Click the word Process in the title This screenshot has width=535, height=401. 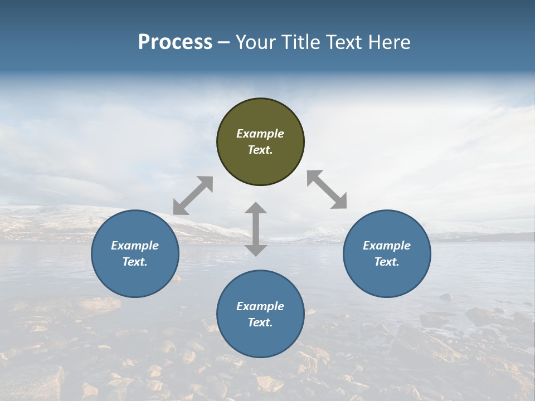click(175, 42)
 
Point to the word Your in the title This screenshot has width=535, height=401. click(255, 42)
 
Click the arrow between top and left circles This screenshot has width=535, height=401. click(193, 195)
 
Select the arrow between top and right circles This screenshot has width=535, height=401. click(327, 190)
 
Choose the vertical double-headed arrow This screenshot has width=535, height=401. click(256, 229)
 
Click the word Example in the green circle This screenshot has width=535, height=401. click(260, 134)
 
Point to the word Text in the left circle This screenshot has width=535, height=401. click(134, 262)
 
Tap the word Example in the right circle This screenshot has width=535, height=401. click(387, 246)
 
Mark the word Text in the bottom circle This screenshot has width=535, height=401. click(260, 322)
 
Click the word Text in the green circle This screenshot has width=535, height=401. click(260, 150)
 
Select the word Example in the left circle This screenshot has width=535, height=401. click(135, 246)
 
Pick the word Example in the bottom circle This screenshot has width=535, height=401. click(260, 306)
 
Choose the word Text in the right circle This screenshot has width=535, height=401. click(386, 262)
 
